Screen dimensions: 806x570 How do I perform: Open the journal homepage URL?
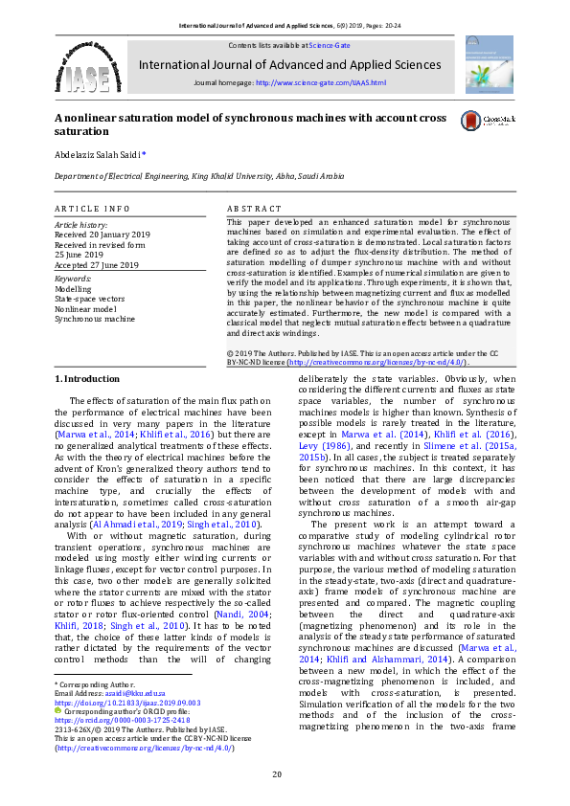pyautogui.click(x=321, y=83)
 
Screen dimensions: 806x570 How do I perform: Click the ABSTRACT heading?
pyautogui.click(x=254, y=209)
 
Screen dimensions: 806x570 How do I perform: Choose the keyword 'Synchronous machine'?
pyautogui.click(x=95, y=318)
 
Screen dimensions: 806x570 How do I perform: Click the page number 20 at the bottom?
pyautogui.click(x=277, y=774)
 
